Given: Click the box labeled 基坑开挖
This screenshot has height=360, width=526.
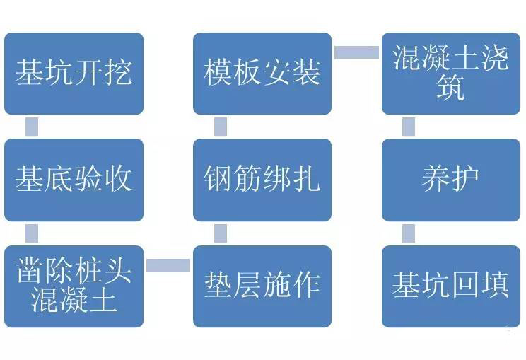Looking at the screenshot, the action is click(x=74, y=74).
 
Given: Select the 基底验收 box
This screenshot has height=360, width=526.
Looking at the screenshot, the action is click(x=74, y=180).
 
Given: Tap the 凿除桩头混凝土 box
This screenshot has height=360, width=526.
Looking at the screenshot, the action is click(x=74, y=286).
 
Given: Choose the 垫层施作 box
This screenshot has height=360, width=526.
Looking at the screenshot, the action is click(x=262, y=286).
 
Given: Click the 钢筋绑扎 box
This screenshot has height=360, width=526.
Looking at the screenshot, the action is click(x=262, y=180).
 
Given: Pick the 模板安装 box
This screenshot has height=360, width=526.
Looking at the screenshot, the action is click(x=262, y=74).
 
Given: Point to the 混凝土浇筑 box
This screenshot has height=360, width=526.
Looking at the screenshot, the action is click(x=451, y=74).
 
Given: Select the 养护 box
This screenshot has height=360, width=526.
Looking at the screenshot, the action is click(x=451, y=180).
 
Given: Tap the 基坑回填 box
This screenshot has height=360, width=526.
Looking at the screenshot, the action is click(x=451, y=286).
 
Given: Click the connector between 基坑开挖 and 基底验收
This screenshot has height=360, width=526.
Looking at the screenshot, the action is click(x=32, y=127).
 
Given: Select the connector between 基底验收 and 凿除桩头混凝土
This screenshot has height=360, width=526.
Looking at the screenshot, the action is click(x=32, y=233).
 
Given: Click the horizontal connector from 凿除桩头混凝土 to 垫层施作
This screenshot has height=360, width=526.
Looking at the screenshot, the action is click(x=168, y=265).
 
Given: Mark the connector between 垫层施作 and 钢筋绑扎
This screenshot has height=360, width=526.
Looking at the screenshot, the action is click(x=221, y=233).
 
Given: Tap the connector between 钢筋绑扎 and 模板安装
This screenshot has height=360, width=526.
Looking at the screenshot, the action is click(x=221, y=127).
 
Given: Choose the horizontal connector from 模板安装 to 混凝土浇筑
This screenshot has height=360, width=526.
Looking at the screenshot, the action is click(x=356, y=52).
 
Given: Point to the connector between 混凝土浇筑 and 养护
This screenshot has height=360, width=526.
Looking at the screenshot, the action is click(x=409, y=127).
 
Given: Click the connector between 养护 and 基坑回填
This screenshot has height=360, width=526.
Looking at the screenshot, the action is click(x=409, y=233).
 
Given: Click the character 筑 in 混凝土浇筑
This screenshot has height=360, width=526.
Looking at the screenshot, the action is click(x=450, y=87).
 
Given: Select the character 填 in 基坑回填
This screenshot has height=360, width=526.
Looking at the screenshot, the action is click(x=495, y=285).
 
